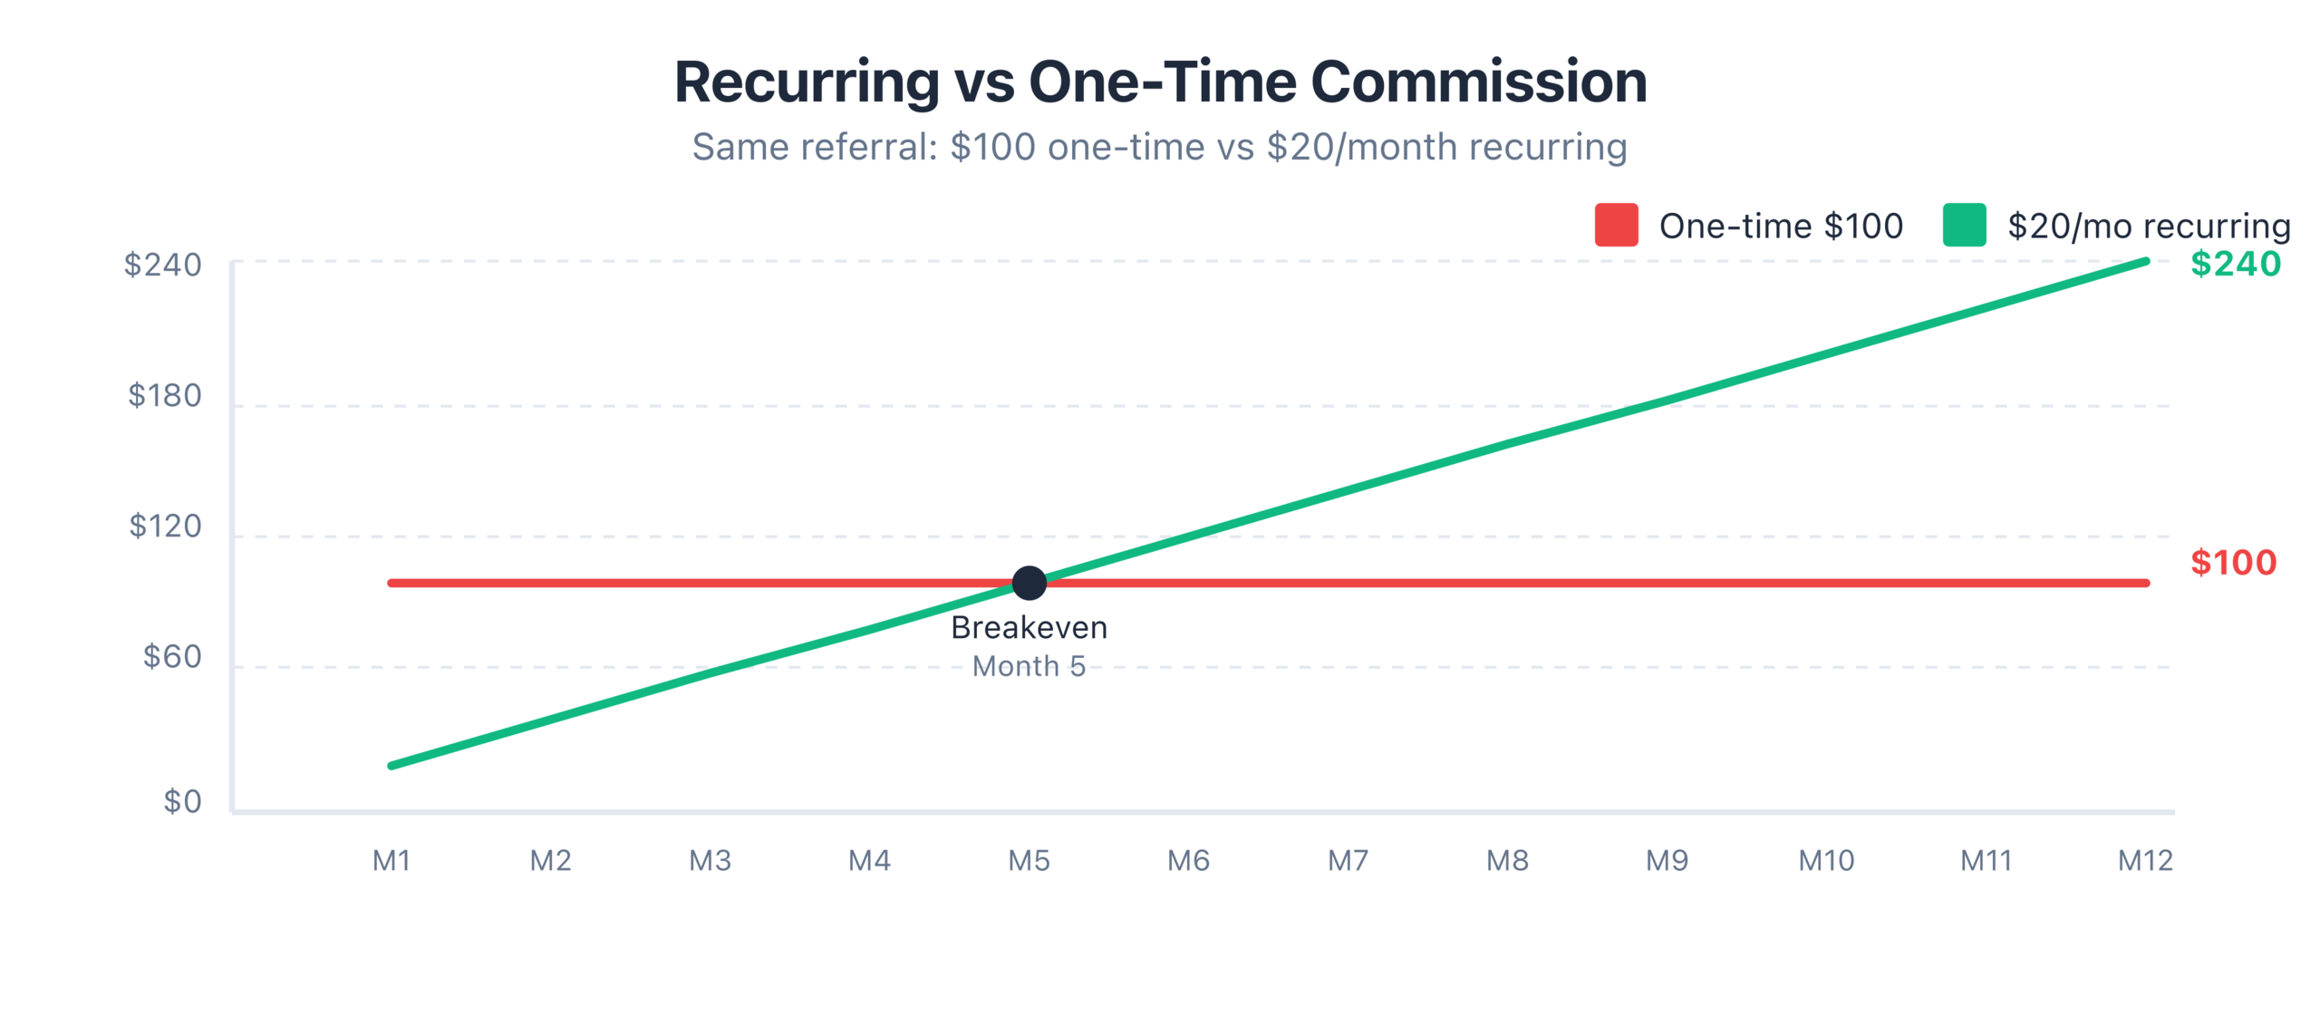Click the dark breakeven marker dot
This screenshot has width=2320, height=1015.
[x=1029, y=583]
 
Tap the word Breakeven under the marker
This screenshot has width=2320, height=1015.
[x=1029, y=627]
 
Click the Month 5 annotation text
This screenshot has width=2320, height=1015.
[x=1029, y=666]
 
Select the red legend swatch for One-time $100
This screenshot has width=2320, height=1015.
[x=1616, y=225]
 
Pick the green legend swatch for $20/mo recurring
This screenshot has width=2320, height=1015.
[x=1964, y=225]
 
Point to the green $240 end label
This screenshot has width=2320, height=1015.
[x=2235, y=264]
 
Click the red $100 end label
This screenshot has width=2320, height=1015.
[x=2233, y=563]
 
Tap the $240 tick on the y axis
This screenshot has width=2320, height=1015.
[x=163, y=265]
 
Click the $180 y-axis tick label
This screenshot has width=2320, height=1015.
[x=165, y=395]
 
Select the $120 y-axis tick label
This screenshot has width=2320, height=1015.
[x=165, y=526]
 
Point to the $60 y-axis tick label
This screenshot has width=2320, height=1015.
[x=172, y=656]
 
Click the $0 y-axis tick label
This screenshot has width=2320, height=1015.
[x=182, y=801]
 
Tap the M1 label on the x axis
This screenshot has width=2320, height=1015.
[x=391, y=860]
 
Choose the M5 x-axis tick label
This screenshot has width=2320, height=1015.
[x=1029, y=860]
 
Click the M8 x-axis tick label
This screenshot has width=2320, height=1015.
[x=1507, y=860]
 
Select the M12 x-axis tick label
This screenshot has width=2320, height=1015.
[x=2145, y=860]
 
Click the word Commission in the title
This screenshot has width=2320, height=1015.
[x=1478, y=82]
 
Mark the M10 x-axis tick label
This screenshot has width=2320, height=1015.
[x=1826, y=860]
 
